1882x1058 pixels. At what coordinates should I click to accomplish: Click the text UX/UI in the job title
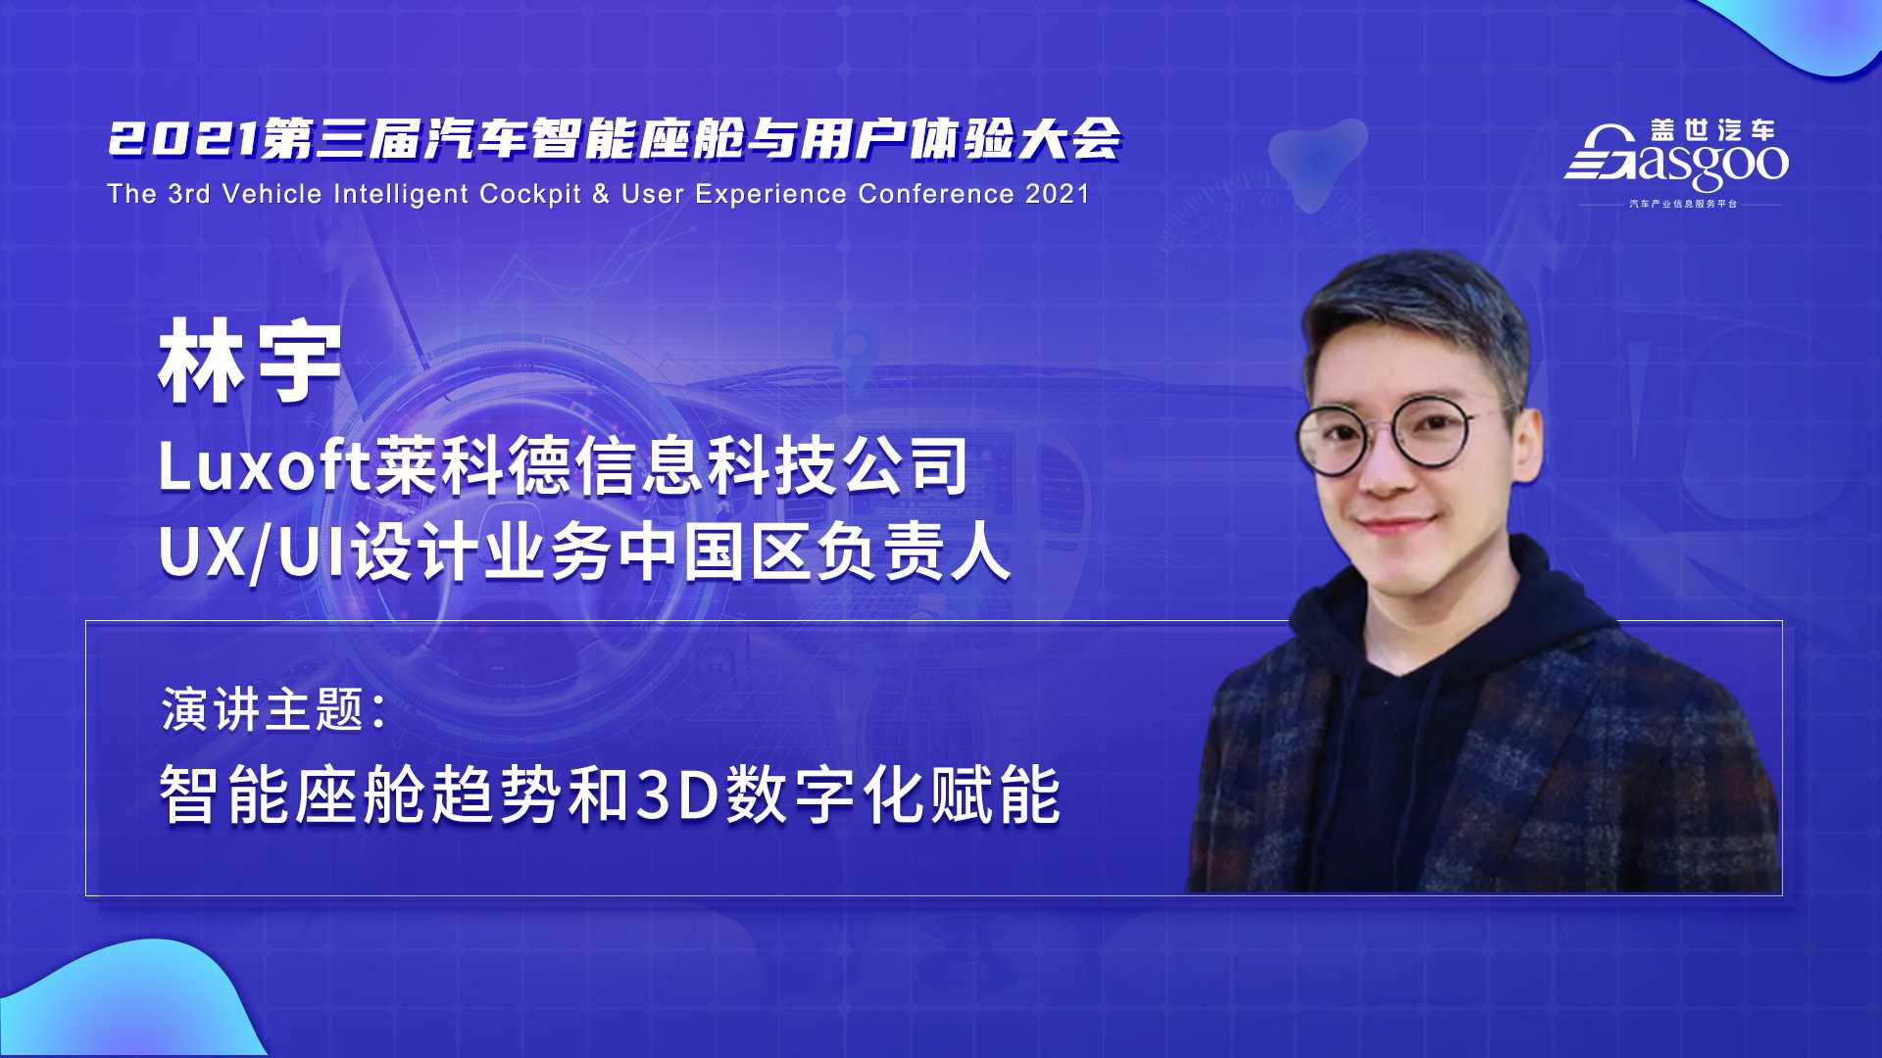(x=253, y=553)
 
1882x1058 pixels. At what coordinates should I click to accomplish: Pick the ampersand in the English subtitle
(x=601, y=194)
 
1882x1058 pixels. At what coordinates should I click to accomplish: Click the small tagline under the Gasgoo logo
(x=1682, y=204)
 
